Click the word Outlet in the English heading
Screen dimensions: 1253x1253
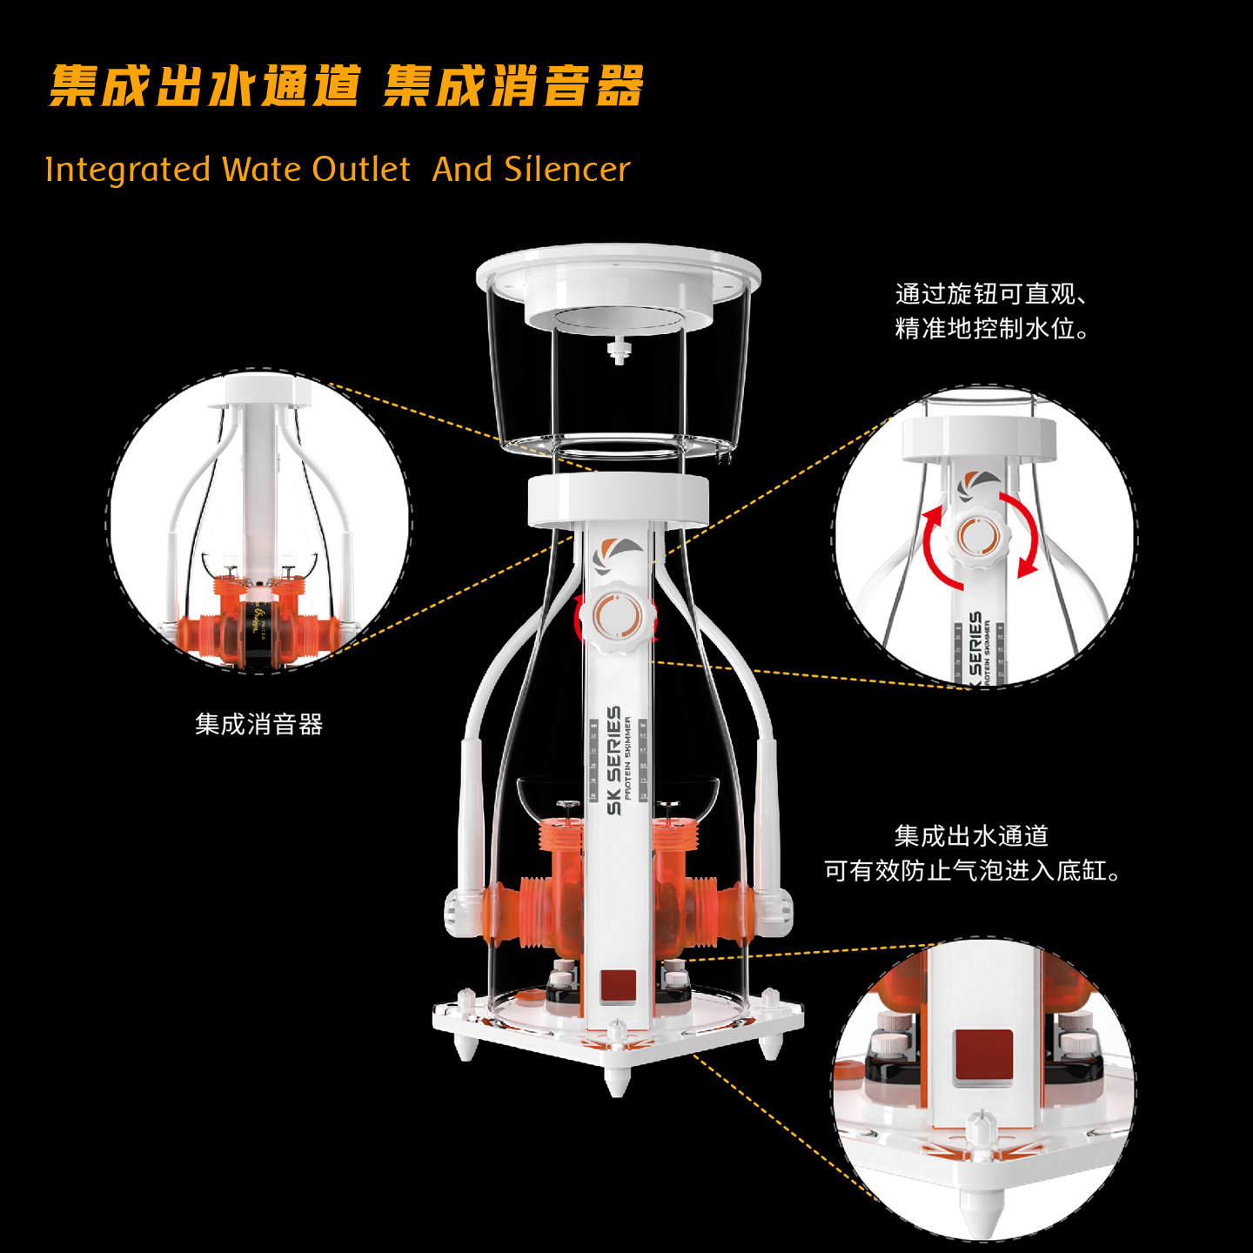(x=361, y=169)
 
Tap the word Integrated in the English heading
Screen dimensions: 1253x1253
(x=127, y=169)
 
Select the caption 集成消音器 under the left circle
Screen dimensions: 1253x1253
(x=258, y=724)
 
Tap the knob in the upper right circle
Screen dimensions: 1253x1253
(x=979, y=536)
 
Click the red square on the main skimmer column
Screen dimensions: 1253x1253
(x=618, y=986)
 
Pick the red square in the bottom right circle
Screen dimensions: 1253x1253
(x=983, y=1057)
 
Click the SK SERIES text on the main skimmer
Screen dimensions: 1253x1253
(x=614, y=761)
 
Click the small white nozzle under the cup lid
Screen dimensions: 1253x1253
(x=619, y=352)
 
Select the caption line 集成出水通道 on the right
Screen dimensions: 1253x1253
(x=971, y=836)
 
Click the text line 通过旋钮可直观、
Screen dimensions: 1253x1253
(x=990, y=294)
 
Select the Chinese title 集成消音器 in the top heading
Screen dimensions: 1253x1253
(x=513, y=86)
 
